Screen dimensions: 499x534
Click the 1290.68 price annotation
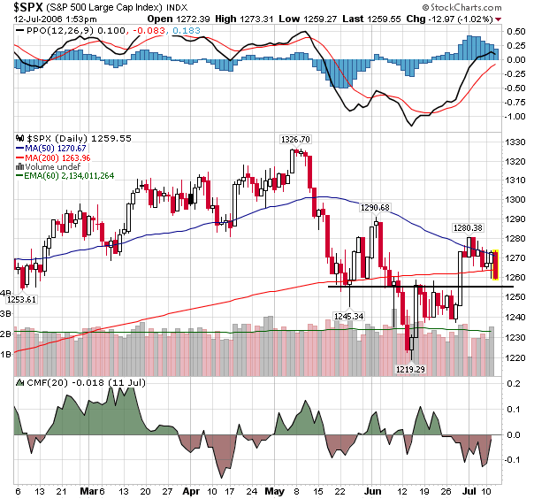pos(374,208)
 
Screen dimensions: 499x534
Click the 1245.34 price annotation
pos(349,316)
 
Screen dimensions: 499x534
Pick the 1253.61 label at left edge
pos(22,300)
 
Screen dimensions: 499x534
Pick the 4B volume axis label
pos(5,293)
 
